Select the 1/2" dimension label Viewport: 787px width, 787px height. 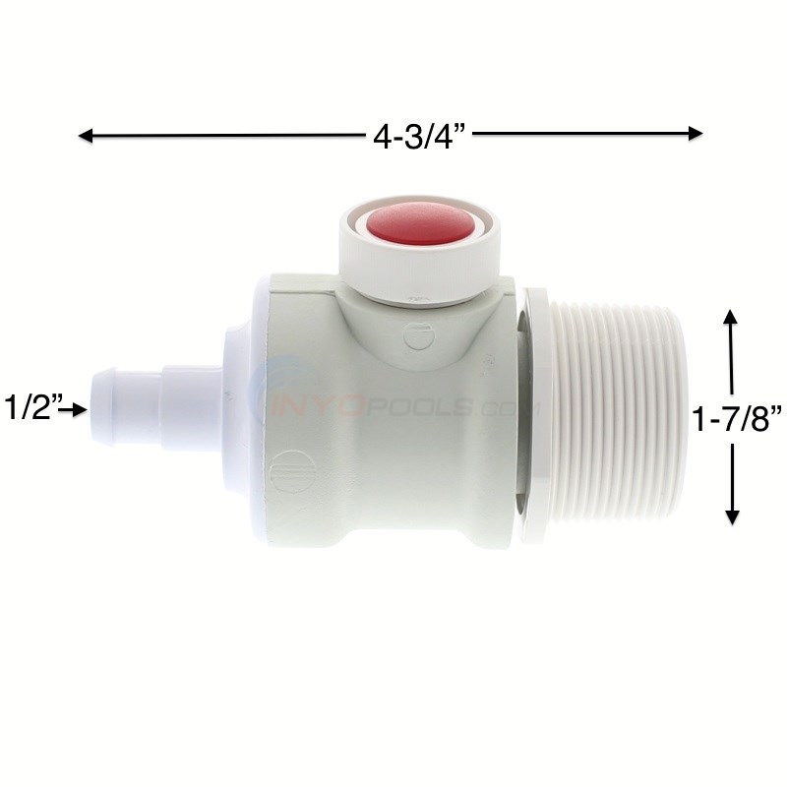(x=32, y=407)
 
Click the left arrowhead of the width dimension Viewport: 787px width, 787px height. (x=86, y=136)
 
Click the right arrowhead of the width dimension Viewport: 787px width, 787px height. (x=696, y=134)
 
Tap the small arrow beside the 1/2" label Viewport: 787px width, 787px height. (x=73, y=409)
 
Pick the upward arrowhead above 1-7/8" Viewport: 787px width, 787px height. (x=730, y=317)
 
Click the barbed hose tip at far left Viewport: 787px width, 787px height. (x=126, y=407)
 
